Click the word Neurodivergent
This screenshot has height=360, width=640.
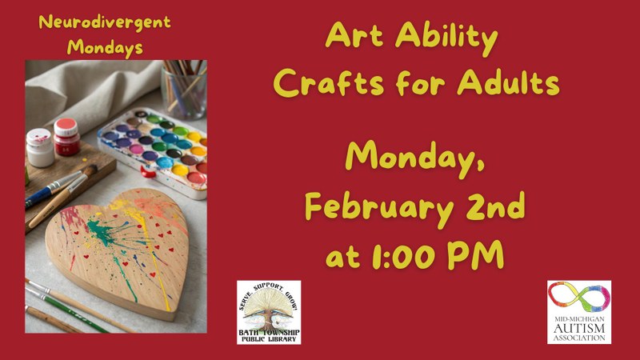click(x=104, y=22)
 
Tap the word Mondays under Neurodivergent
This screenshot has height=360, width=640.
click(x=105, y=46)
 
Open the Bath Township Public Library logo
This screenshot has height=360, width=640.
click(x=269, y=312)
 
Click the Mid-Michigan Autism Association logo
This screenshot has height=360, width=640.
click(x=578, y=312)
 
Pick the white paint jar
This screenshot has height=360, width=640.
click(x=40, y=147)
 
